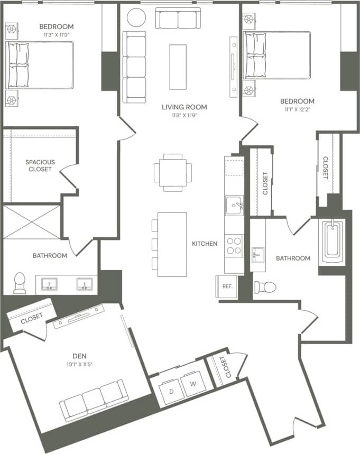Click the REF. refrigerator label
pos(228,286)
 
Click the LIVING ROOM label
pos(184,107)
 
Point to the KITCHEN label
pos(205,244)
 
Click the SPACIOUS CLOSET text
pos(40,165)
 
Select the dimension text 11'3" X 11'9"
pos(56,35)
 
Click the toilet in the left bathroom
pos(20,283)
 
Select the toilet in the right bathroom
pos(265,287)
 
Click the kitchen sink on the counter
pos(234,205)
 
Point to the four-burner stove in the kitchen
pos(234,245)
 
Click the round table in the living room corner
pos(136,17)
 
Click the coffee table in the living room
pos(178,67)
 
